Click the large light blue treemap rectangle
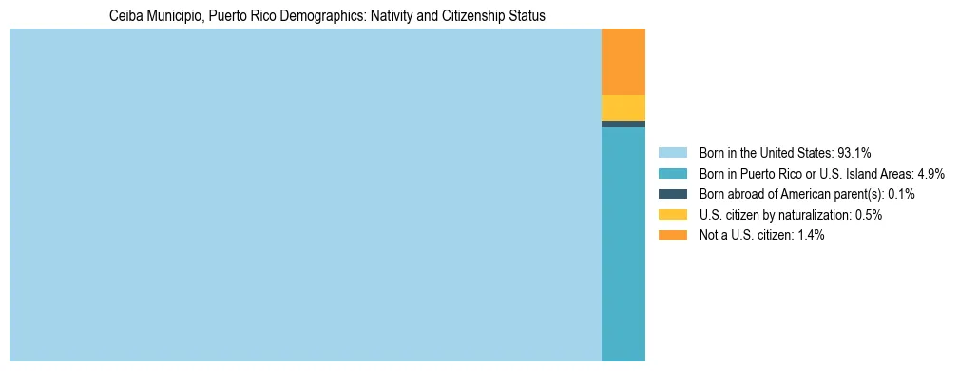pos(305,195)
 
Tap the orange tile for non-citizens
pos(623,62)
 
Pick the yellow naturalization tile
pos(623,107)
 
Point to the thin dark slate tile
pos(623,124)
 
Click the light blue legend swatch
pos(673,152)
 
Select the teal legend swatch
pos(673,173)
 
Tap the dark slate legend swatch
pos(673,194)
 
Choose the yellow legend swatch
pos(673,215)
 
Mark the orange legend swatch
pos(673,236)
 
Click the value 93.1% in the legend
pos(854,152)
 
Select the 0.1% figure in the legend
pos(901,194)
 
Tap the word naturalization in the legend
pos(808,215)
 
